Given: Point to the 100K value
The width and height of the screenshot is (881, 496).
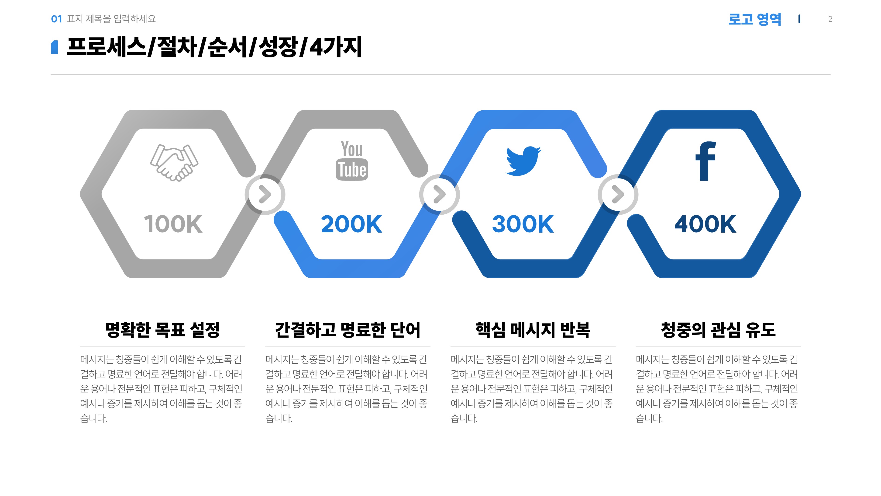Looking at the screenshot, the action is pos(173,224).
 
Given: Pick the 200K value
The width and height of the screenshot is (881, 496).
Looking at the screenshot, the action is pos(351,224).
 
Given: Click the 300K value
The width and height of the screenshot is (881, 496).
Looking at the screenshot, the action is pos(523,224).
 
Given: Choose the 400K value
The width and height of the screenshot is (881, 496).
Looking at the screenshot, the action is pos(705,224).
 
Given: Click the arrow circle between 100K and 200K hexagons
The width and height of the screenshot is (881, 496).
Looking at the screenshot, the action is pos(265,194).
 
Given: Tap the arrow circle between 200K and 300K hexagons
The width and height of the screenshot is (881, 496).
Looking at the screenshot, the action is pos(440,194).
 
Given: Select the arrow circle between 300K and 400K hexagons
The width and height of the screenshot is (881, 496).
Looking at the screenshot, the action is pos(618,194).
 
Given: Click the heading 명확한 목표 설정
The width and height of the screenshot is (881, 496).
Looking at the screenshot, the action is pos(162,330).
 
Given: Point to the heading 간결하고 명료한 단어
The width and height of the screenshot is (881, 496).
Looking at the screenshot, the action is pos(348,330).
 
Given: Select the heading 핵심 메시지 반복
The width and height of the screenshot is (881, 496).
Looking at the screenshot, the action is pos(533,330).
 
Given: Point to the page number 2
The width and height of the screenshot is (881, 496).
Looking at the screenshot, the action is pos(830,19).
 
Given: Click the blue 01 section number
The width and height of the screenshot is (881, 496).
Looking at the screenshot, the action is pos(56,19).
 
